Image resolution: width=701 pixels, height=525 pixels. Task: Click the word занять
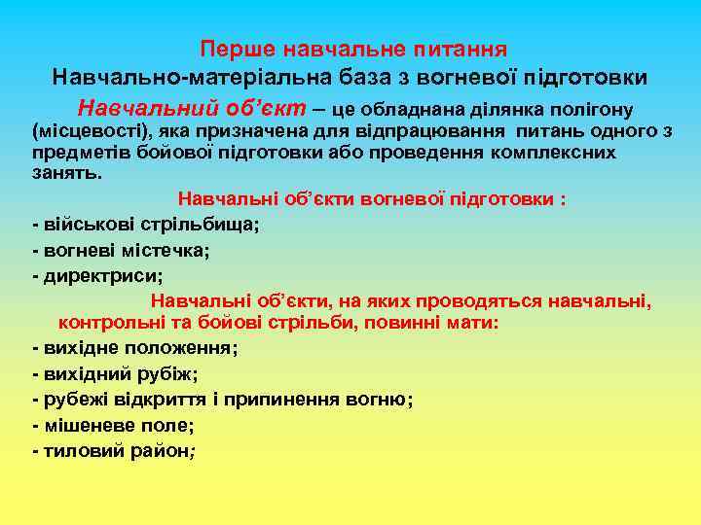tap(66, 173)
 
